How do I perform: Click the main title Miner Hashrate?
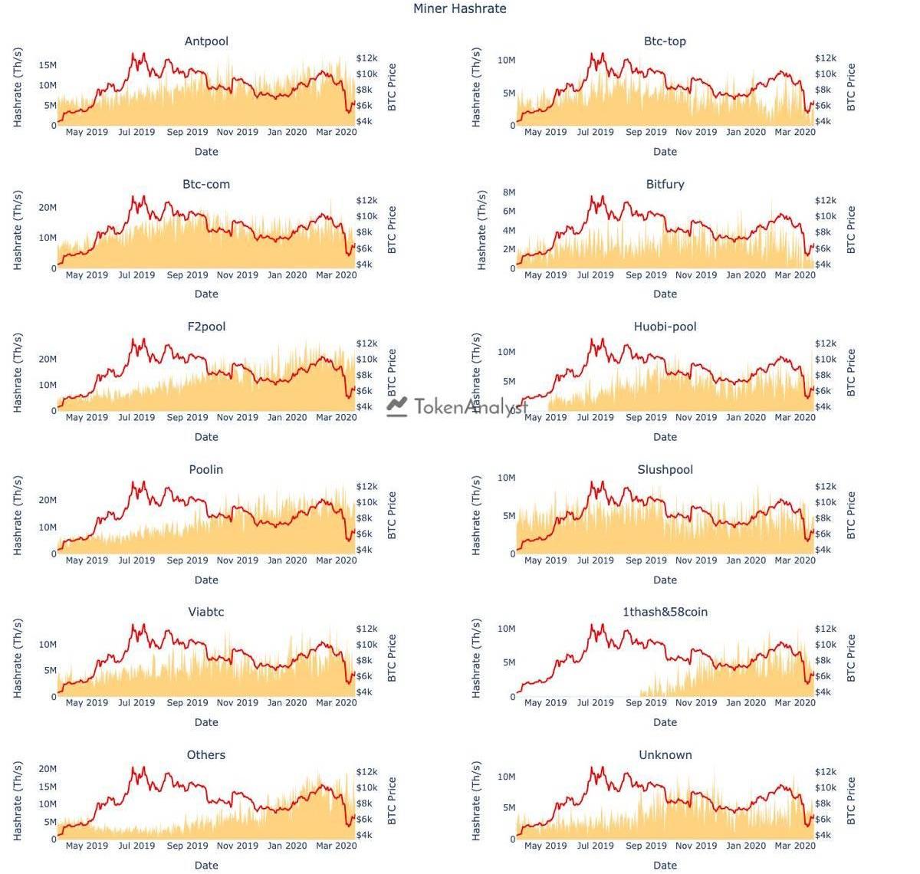pos(459,9)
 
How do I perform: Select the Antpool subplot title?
pos(206,41)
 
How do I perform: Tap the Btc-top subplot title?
pos(665,41)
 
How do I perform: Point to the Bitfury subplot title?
pos(665,184)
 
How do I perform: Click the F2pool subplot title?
pos(206,327)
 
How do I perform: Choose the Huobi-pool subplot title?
pos(665,327)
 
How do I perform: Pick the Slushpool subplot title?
pos(665,469)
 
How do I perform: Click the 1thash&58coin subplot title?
pos(665,612)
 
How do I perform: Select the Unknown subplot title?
pos(665,755)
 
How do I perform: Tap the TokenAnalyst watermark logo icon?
pos(396,406)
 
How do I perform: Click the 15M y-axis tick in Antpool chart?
pos(48,66)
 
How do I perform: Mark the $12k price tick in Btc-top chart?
pos(826,58)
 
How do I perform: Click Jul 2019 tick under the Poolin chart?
pos(136,560)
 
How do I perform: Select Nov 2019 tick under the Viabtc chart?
pos(237,703)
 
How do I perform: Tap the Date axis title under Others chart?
pos(206,865)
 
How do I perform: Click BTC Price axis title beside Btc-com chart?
pos(392,230)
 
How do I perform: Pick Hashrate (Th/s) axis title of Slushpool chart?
pos(476,515)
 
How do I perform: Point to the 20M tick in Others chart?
pos(48,769)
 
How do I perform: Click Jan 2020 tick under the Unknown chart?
pos(745,846)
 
